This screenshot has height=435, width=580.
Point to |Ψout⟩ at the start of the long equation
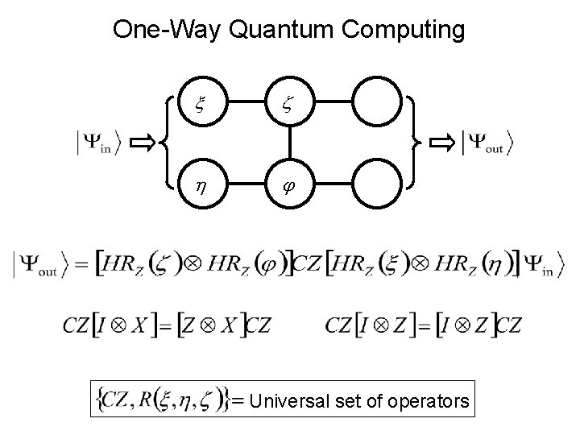41,267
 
